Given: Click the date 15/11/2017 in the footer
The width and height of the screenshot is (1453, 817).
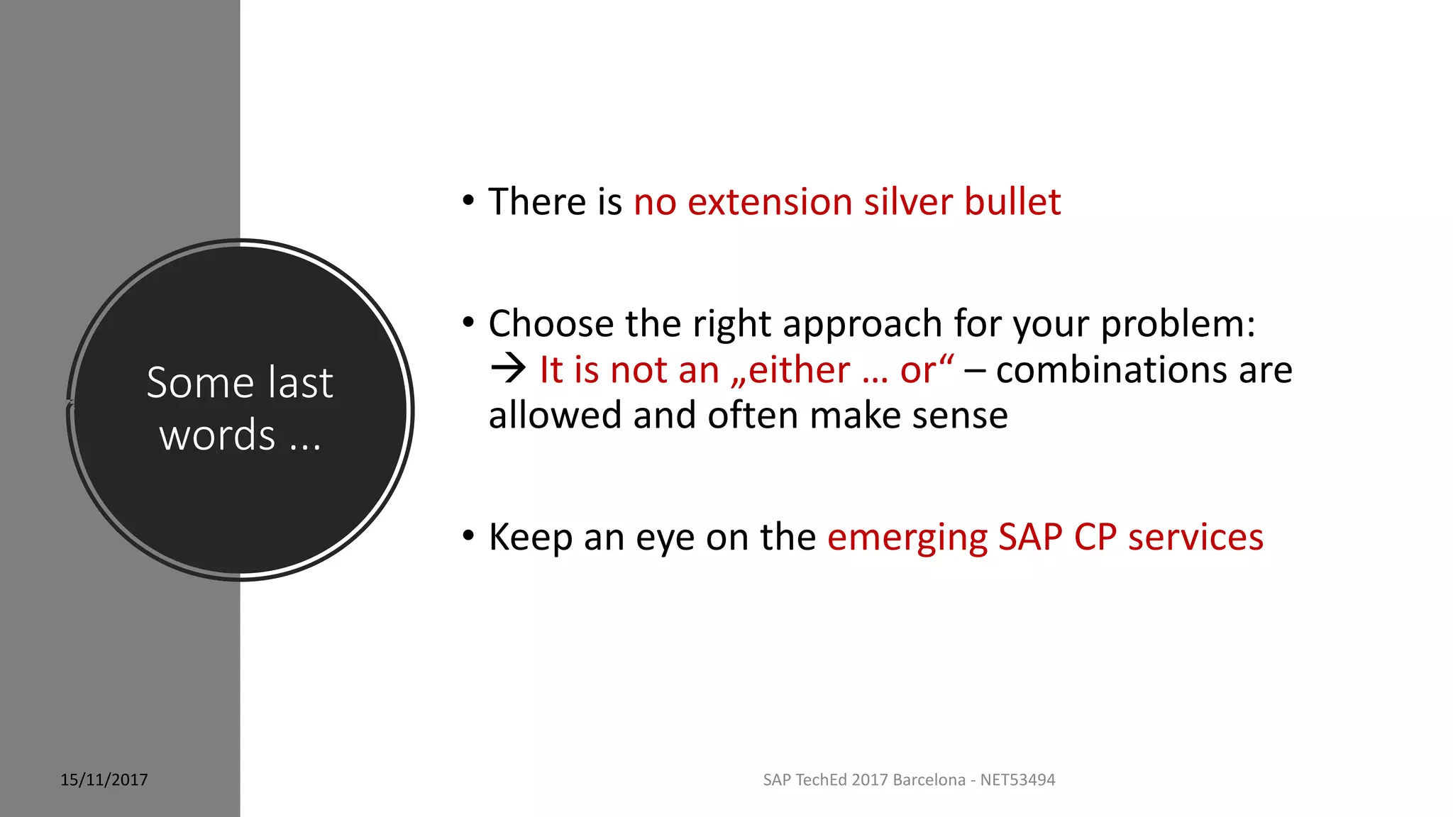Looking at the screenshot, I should click(x=104, y=780).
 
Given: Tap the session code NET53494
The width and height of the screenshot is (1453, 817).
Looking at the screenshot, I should click(x=1017, y=780).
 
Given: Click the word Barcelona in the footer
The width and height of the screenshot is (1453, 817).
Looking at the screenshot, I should click(x=929, y=780).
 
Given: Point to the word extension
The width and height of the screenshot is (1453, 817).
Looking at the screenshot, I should click(x=769, y=202).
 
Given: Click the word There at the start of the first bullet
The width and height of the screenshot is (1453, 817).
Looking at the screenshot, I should click(x=537, y=202).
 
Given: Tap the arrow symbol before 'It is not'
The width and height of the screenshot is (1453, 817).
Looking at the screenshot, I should click(x=508, y=369).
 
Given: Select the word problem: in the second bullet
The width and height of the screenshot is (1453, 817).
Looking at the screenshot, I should click(x=1178, y=325).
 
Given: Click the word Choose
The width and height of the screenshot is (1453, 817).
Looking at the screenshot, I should click(x=551, y=325).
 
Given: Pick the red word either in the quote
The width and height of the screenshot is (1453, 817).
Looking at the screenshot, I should click(x=799, y=370).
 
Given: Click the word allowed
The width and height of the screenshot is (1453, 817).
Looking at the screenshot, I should click(x=555, y=416).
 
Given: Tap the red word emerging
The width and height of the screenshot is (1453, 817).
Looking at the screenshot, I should click(x=907, y=538).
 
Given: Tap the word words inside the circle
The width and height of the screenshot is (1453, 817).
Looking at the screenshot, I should click(x=217, y=435).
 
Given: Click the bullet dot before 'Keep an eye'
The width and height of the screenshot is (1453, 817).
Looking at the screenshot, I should click(x=468, y=535).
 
